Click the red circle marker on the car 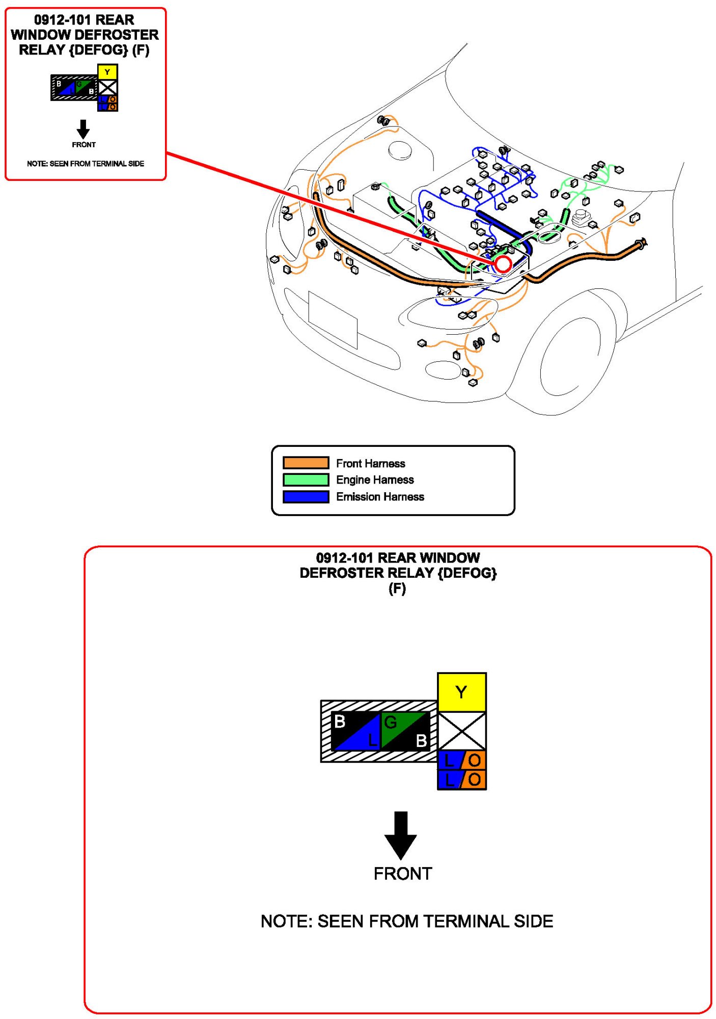pos(503,264)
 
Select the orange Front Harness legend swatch pos(306,463)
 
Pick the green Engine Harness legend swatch pos(306,479)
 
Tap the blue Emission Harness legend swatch pos(306,496)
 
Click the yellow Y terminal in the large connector pos(461,692)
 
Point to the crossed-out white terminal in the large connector pos(461,731)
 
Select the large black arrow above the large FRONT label pos(401,835)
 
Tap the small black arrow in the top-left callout pos(83,129)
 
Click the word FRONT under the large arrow pos(402,874)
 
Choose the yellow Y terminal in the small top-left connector pos(107,72)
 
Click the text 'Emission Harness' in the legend pos(380,497)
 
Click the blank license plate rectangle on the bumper pos(333,319)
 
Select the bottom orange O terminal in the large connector pos(474,780)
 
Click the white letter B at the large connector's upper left pos(340,721)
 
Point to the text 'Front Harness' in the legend pos(370,463)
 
